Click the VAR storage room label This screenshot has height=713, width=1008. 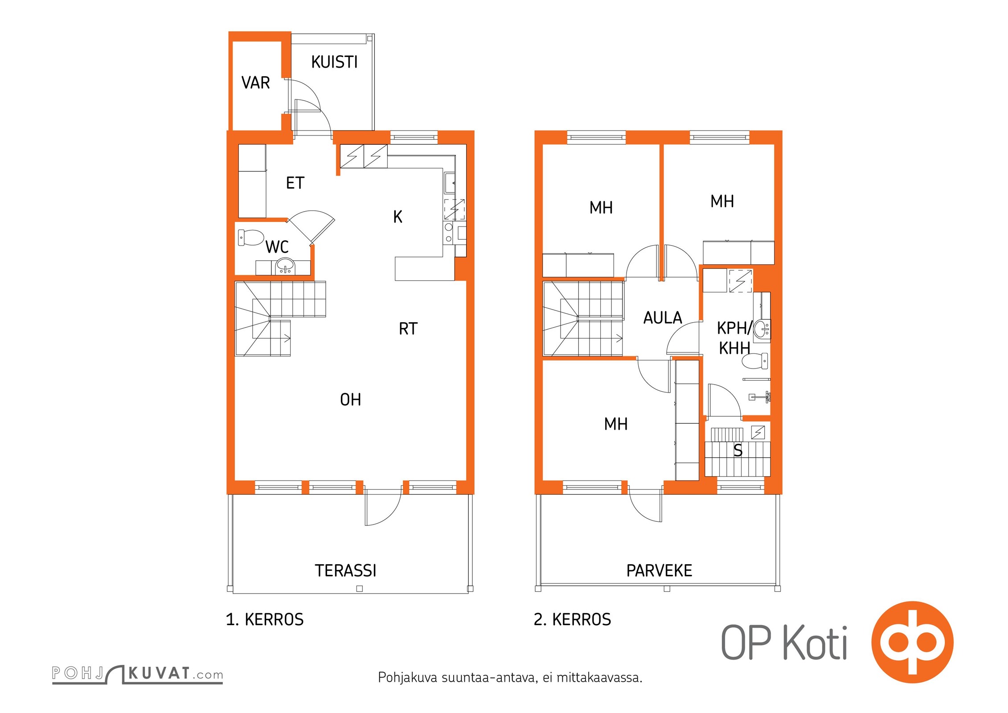[255, 83]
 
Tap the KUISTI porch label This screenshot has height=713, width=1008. [334, 62]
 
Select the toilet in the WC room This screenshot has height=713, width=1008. [250, 238]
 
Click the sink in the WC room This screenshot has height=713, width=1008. [285, 267]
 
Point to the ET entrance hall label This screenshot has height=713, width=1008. [295, 183]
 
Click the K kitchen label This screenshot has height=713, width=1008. [397, 217]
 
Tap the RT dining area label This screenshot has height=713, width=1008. [408, 329]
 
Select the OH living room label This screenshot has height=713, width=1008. [350, 400]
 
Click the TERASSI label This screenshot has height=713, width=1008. [345, 571]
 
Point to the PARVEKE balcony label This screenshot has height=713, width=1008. [659, 571]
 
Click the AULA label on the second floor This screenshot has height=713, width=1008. [663, 318]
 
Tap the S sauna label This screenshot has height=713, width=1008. [738, 451]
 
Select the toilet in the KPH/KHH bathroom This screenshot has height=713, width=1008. [755, 361]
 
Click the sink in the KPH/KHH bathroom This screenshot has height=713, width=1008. [762, 329]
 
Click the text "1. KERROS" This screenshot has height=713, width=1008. [265, 619]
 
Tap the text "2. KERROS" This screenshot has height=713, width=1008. [572, 619]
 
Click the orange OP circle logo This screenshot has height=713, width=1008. [912, 642]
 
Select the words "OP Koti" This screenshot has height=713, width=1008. [784, 642]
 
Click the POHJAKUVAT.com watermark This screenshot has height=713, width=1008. [137, 674]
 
